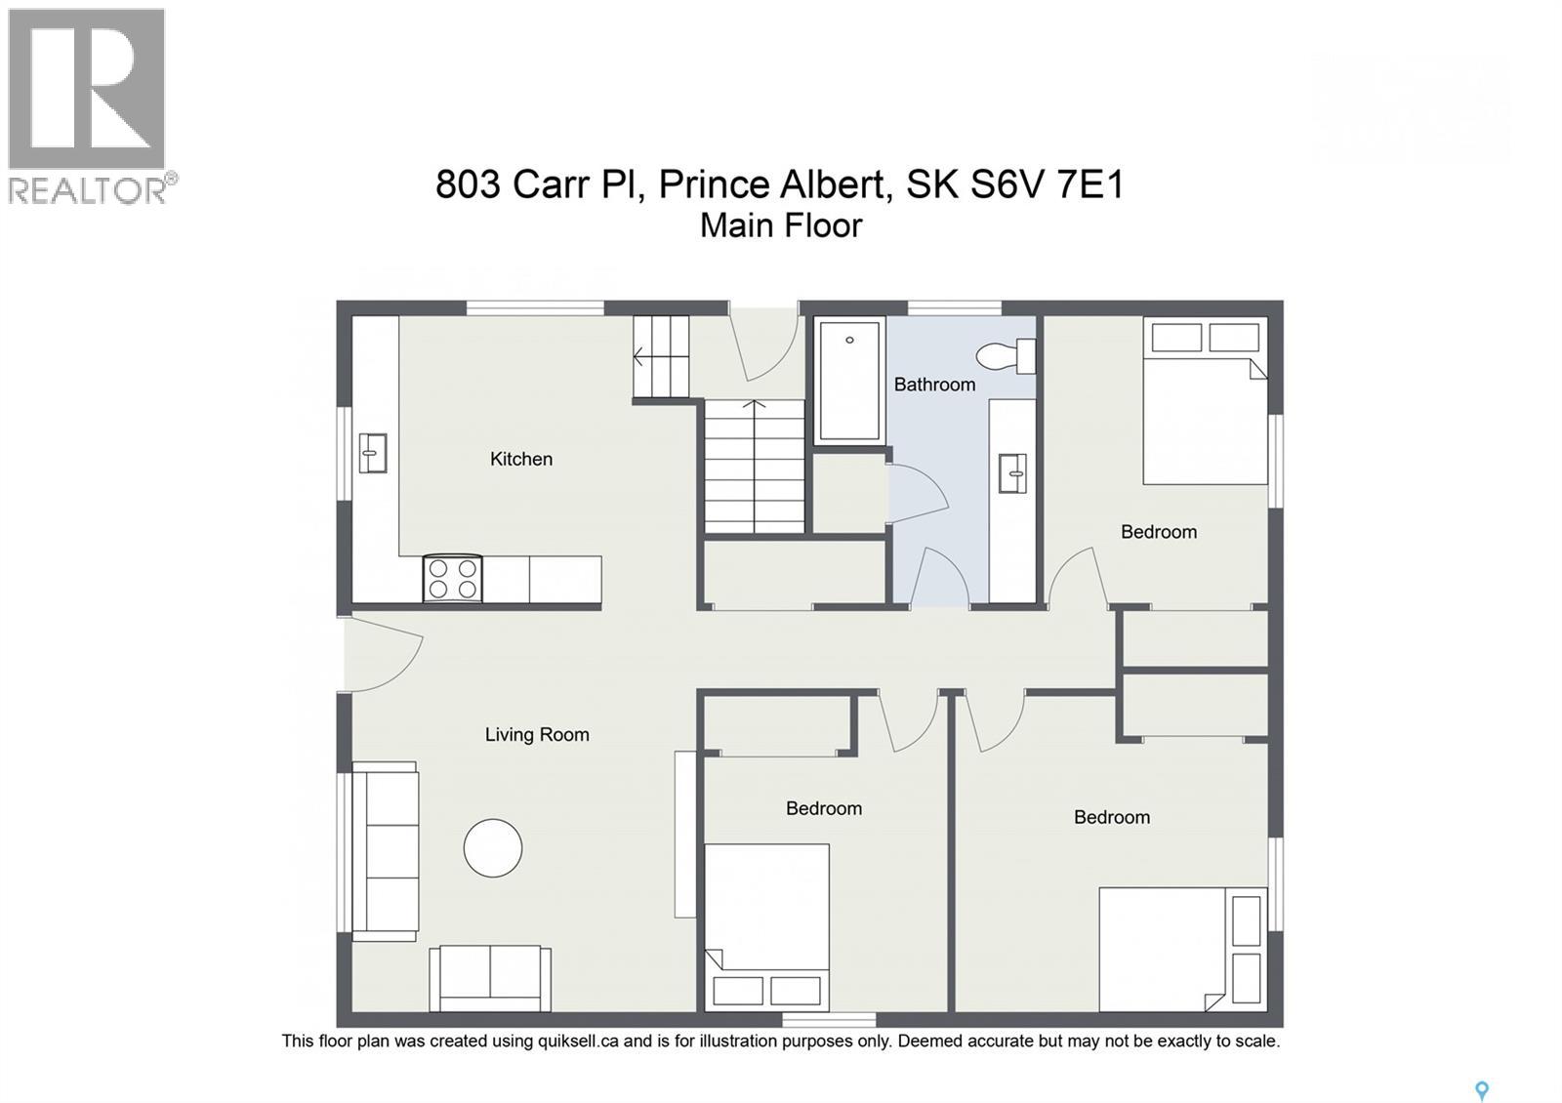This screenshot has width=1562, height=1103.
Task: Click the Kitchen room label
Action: coord(520,459)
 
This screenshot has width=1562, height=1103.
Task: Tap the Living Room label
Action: coord(537,735)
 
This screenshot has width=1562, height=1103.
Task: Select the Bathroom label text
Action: coord(934,385)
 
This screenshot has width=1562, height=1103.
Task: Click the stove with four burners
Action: coord(453,578)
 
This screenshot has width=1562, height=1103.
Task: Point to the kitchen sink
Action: coord(372,453)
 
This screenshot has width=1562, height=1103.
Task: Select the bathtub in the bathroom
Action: coord(849,380)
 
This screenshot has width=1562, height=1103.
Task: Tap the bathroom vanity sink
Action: coord(1012,473)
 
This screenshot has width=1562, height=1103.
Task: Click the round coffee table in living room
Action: coord(492,847)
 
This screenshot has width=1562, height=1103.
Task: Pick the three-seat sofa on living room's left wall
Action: coord(385,850)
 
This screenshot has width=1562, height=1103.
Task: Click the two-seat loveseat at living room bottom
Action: coord(490,977)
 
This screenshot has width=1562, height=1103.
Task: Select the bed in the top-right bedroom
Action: coord(1205,402)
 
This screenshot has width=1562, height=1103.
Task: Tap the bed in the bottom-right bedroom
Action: coord(1181,949)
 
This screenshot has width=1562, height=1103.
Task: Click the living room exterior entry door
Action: coord(384,653)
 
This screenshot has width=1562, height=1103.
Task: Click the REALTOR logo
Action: coord(89,105)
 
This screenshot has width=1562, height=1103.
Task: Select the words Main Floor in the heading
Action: coord(781,226)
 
